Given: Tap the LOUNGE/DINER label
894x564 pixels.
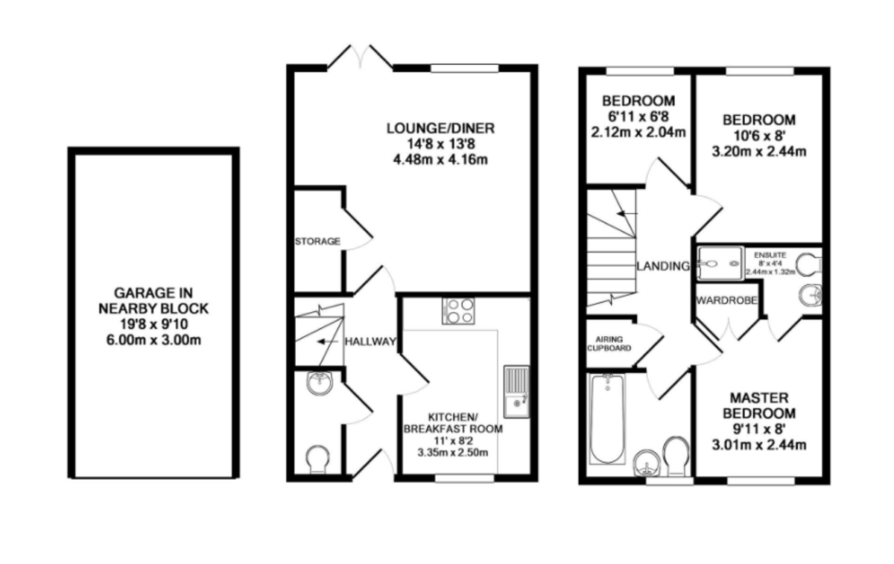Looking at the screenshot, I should point(440,128).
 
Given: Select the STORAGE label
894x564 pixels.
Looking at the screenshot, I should point(318,241).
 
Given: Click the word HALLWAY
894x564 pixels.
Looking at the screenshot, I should point(370,341).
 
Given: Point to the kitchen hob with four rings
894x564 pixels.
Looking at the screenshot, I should point(457,310).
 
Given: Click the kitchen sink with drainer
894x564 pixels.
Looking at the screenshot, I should point(515,391).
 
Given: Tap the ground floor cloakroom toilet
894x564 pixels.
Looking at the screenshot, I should point(318,457).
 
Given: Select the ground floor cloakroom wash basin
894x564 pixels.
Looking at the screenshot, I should point(320,385).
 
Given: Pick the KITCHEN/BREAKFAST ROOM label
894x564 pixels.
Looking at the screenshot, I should point(453,422).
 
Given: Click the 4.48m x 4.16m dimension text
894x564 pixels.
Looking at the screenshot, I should point(440,160).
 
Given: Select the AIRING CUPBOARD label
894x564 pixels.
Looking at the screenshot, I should point(609,343).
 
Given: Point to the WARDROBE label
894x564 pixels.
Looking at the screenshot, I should point(726,301).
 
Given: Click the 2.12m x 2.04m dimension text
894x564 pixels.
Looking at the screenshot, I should point(638,133).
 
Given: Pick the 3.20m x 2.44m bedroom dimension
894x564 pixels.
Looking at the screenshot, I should point(760,152).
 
